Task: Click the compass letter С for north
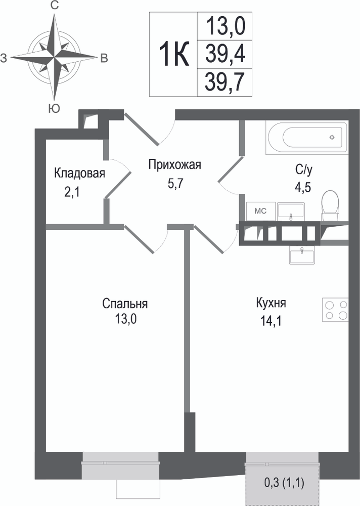[55, 6]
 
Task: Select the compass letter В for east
[104, 58]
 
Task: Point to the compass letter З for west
[4, 58]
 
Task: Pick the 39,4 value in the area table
[225, 54]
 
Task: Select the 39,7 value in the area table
[224, 81]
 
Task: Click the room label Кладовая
[79, 173]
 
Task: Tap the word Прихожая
[174, 164]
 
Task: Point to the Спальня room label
[125, 304]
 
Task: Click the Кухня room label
[271, 303]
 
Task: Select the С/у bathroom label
[303, 171]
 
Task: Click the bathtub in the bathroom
[307, 138]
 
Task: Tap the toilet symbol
[330, 205]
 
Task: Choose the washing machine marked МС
[260, 212]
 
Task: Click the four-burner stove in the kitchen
[336, 310]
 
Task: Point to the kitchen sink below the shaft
[302, 255]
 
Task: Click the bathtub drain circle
[332, 138]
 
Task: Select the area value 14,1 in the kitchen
[271, 321]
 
